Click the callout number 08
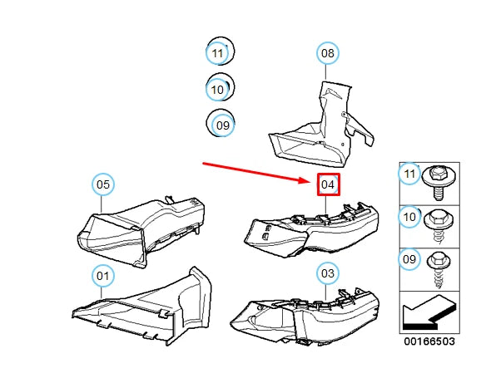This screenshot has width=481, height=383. coord(328,53)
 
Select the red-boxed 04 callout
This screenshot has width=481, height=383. coord(328,184)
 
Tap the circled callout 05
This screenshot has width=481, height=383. coord(103,184)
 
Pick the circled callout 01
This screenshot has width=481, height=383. coord(103,276)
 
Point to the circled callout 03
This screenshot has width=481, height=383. coord(328,273)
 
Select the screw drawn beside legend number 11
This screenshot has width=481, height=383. coord(439,183)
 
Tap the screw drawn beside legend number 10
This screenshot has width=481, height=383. coord(439,226)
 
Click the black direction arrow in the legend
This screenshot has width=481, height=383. coord(429,313)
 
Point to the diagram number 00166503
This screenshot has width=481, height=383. coord(429,341)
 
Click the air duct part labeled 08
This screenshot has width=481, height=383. coord(321,125)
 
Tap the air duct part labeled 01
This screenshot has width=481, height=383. coord(141,307)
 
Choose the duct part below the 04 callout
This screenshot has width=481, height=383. coord(311,229)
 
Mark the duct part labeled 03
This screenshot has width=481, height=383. coord(305,316)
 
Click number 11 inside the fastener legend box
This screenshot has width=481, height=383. coord(409,174)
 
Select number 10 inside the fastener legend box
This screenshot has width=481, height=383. coord(409,217)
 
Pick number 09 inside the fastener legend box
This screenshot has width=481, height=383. coord(409,259)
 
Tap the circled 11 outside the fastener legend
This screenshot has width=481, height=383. coord(217,53)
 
